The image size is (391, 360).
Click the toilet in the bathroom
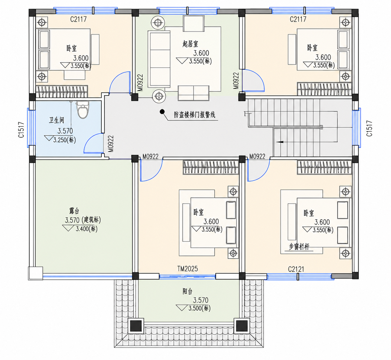(x=83, y=110)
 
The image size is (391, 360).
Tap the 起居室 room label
(x=190, y=44)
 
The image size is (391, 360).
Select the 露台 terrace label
(x=74, y=211)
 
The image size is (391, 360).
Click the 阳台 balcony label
(x=188, y=291)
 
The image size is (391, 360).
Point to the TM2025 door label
(x=188, y=269)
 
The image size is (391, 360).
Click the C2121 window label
(x=296, y=269)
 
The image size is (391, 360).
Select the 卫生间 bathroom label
(x=57, y=120)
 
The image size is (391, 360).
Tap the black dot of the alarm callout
(x=162, y=112)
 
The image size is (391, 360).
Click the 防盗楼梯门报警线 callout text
(x=194, y=115)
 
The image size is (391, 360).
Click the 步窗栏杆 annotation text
(x=299, y=247)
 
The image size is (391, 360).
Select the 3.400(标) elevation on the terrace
(x=86, y=229)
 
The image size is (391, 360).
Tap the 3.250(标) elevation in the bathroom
(x=65, y=140)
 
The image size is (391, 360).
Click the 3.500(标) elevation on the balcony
(x=200, y=308)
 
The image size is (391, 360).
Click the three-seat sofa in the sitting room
(x=159, y=59)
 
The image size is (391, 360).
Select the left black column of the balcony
(x=136, y=326)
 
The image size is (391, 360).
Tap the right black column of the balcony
(x=242, y=326)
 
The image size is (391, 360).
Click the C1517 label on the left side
(x=21, y=130)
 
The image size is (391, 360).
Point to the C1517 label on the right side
(x=369, y=128)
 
